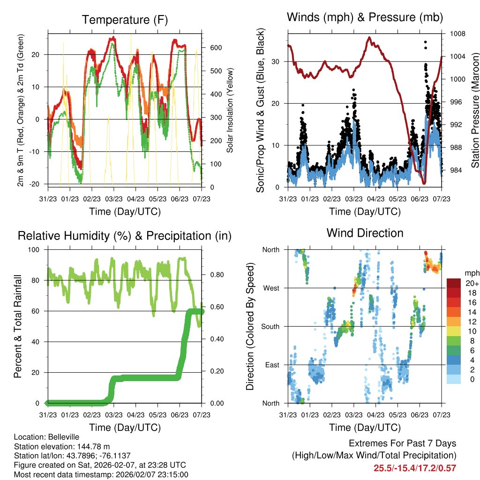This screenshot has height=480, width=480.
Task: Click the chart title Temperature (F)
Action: tap(125, 20)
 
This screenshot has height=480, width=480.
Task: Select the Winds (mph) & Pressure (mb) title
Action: tap(365, 17)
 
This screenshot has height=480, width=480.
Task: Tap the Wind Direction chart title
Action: tap(365, 232)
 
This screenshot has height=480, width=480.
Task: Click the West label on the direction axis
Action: tap(271, 288)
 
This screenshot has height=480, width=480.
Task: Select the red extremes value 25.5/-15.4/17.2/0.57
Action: tap(415, 468)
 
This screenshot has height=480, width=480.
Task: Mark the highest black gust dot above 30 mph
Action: tap(425, 42)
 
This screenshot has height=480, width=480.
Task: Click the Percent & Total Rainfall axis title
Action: tap(17, 326)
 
